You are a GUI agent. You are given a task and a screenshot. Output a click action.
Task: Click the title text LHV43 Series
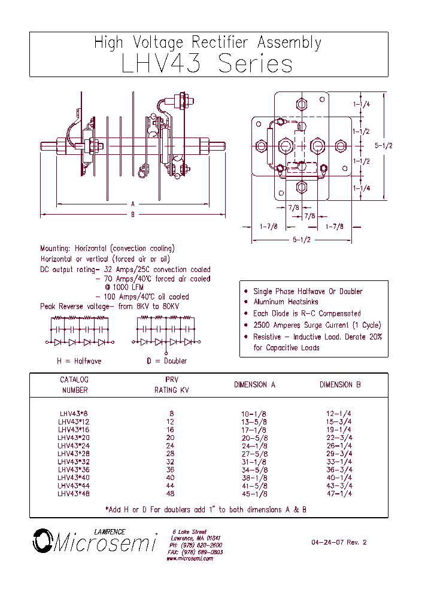point(207,63)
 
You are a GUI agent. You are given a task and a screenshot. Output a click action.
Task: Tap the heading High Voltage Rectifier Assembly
point(208,42)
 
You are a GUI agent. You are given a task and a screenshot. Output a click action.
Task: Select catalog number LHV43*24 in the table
point(73,445)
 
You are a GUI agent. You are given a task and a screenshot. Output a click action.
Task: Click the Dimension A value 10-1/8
point(254,414)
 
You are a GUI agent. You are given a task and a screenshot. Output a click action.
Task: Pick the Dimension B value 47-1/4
point(339,494)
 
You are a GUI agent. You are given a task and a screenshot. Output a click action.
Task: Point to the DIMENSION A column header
point(254,385)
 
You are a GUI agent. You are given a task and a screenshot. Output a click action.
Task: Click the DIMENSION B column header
point(339,385)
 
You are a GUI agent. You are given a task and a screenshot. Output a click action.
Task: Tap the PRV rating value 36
point(170,470)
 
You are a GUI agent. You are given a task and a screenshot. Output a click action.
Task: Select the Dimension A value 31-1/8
point(254,462)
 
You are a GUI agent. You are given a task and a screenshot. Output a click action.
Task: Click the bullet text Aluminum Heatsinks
point(286,302)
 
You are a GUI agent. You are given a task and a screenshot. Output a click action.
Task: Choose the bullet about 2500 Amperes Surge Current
point(317,325)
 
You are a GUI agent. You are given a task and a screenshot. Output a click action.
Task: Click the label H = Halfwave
point(79,361)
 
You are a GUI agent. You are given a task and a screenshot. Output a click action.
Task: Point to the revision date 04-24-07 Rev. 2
point(338,543)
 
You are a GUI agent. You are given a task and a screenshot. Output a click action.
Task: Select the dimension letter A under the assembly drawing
point(133,204)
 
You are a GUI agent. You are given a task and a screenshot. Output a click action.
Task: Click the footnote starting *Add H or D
point(205,510)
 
